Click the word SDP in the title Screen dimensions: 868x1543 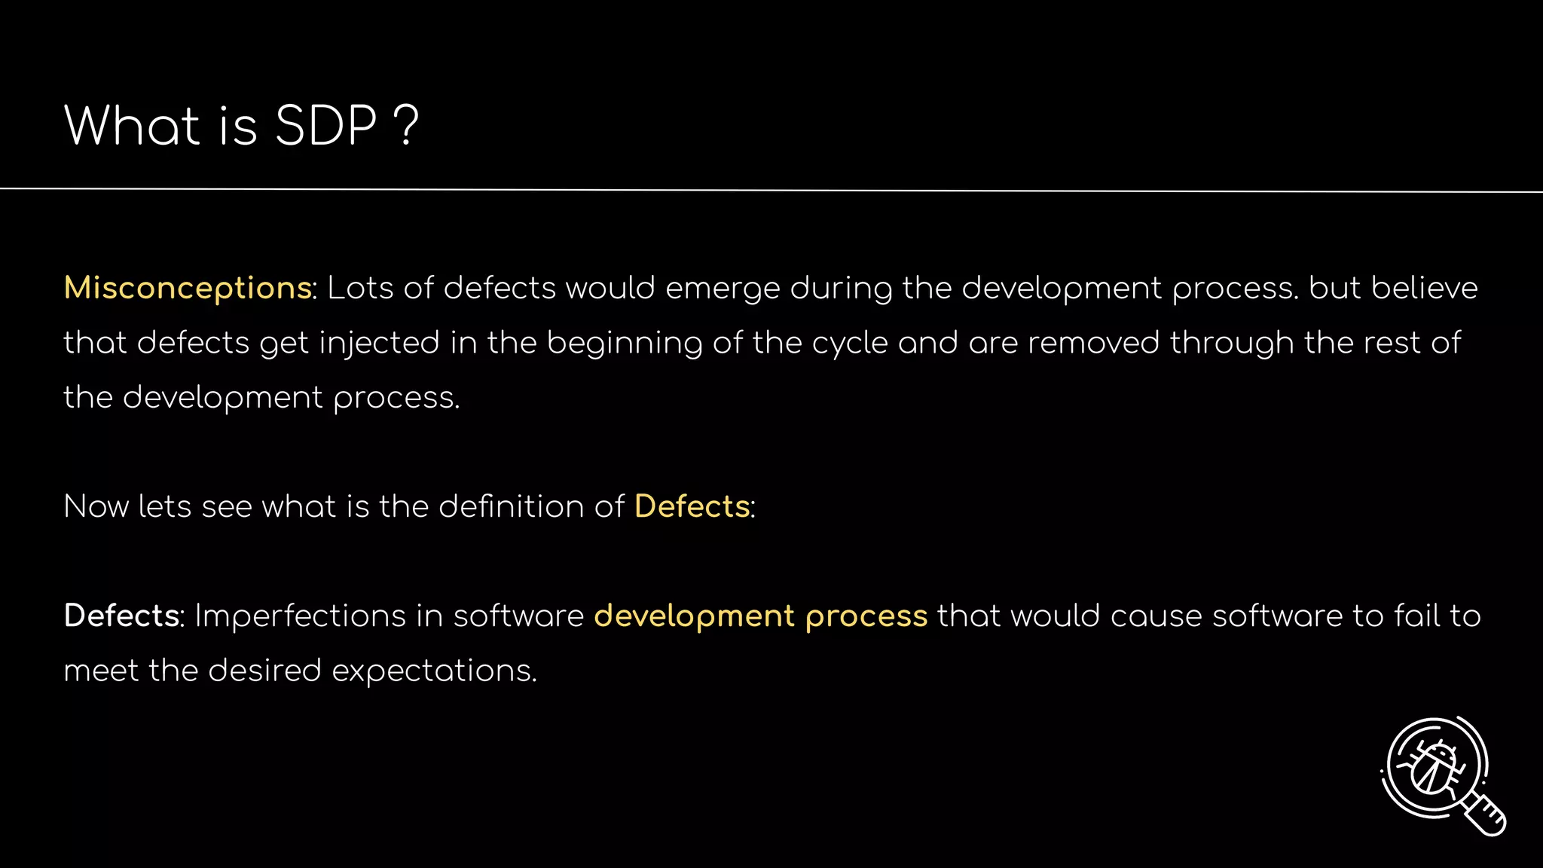pyautogui.click(x=325, y=126)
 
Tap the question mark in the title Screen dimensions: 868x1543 pyautogui.click(x=406, y=126)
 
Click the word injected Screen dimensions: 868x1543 pyautogui.click(x=379, y=344)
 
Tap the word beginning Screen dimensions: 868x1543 pyautogui.click(x=625, y=344)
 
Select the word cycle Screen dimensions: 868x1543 pyautogui.click(x=850, y=344)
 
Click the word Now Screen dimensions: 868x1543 pyautogui.click(x=96, y=506)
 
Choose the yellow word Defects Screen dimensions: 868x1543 pyautogui.click(x=692, y=506)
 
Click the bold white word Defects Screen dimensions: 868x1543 pyautogui.click(x=121, y=616)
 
